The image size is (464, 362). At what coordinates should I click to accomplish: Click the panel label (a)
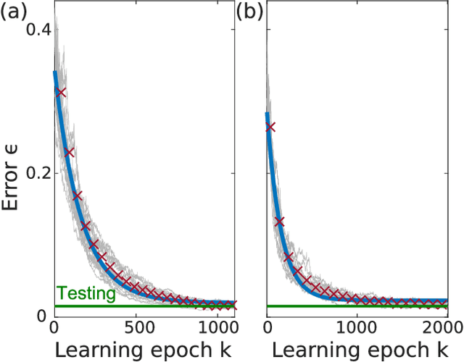(x=15, y=12)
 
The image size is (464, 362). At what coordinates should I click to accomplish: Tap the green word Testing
(x=86, y=293)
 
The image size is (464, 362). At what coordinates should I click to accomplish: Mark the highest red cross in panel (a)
(x=61, y=92)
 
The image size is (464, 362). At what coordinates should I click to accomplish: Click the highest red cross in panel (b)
(x=270, y=127)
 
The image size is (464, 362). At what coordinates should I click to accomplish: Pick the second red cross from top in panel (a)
(x=70, y=152)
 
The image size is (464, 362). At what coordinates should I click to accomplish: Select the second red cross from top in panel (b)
(x=280, y=221)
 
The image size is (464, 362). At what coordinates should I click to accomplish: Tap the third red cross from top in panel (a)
(x=78, y=195)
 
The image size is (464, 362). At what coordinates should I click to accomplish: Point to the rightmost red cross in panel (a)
(x=232, y=305)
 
